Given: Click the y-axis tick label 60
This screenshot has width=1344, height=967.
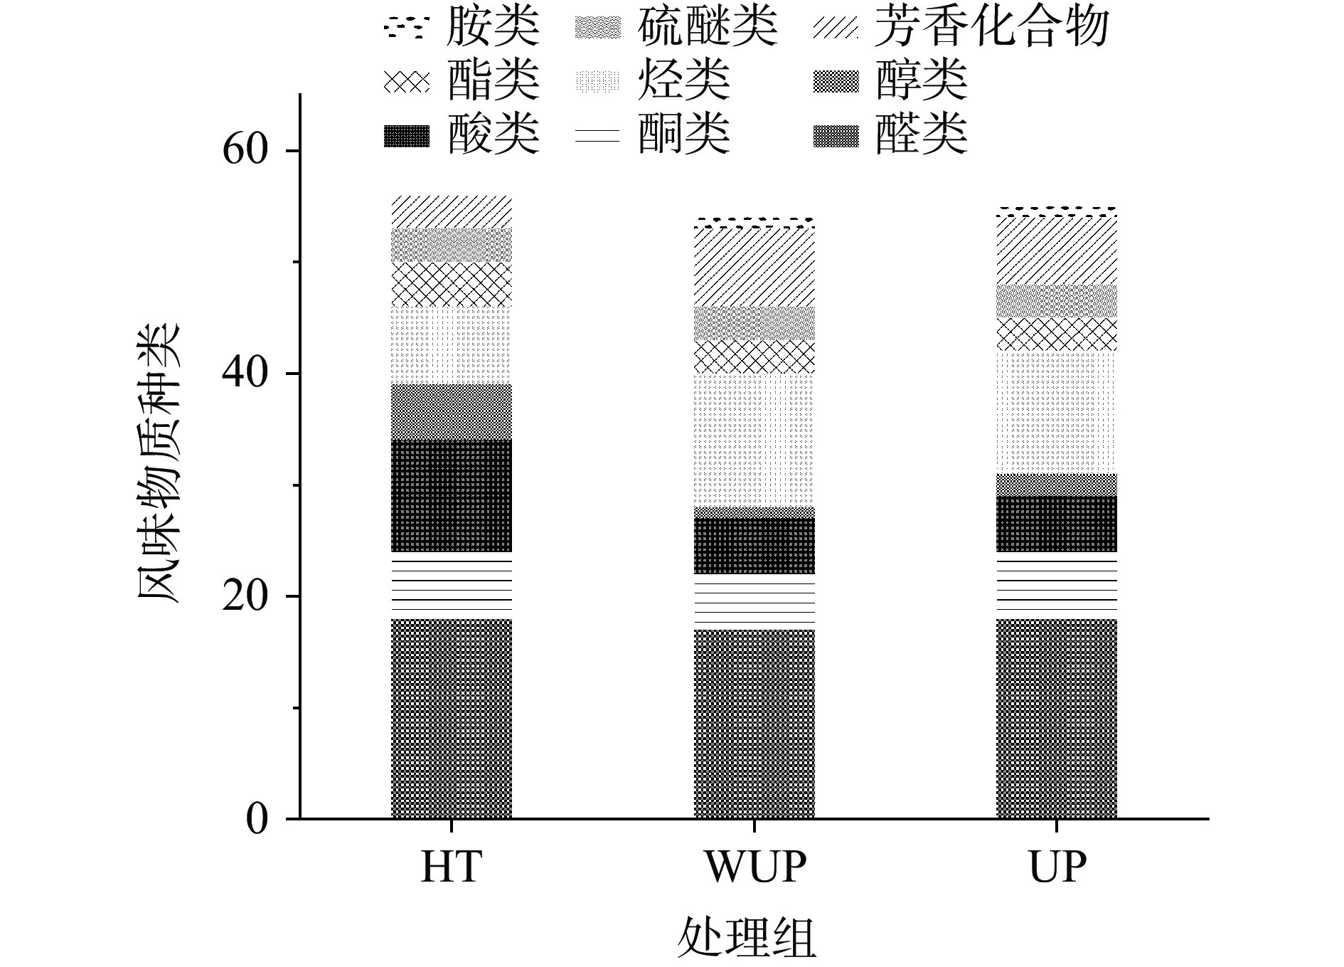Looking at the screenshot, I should point(245,150).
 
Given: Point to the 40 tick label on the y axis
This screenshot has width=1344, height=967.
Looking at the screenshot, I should point(245,373).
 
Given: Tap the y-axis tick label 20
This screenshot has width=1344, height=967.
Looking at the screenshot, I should point(245,596).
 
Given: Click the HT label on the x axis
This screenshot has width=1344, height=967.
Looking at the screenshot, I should point(451,867).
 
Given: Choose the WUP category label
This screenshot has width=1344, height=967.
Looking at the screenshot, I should point(754,867).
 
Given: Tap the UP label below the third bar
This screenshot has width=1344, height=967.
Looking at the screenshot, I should point(1057,867).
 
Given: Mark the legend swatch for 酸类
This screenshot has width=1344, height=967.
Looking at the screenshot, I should point(406,135).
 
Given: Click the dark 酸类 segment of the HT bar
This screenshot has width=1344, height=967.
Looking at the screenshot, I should point(452,495).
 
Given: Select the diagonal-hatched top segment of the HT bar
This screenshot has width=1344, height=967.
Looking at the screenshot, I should point(452,211).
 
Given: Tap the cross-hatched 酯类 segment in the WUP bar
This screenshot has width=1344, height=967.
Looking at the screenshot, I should point(754,356).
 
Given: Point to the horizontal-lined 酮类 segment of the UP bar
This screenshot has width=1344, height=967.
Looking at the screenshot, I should point(1057,585).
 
